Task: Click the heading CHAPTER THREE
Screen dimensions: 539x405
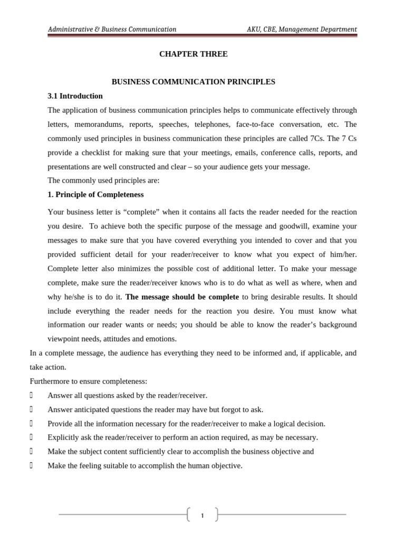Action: [194, 54]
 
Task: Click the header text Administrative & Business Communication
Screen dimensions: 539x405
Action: [112, 29]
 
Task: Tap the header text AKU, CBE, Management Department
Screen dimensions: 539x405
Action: [302, 29]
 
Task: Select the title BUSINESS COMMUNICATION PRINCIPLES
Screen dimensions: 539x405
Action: [194, 82]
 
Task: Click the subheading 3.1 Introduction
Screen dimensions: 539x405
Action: [75, 96]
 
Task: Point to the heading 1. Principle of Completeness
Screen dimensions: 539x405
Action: [95, 195]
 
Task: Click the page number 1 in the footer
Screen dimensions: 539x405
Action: [202, 516]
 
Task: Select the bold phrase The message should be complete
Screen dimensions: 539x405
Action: [182, 297]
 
